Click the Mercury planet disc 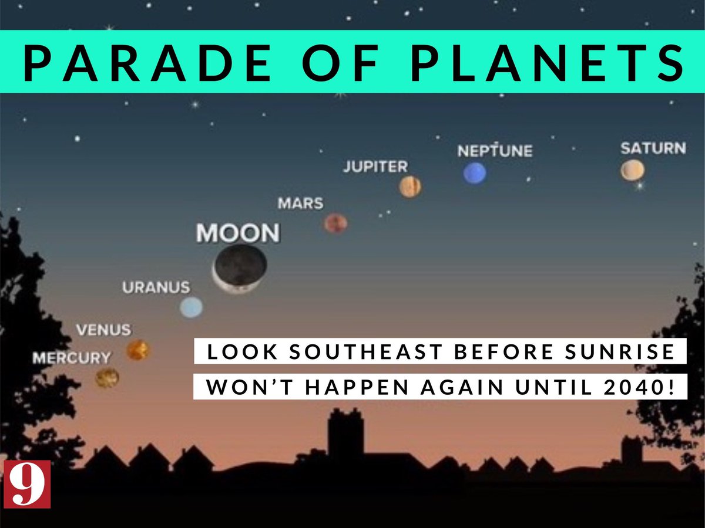tap(107, 377)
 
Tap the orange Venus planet tap(138, 350)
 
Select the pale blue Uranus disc tap(191, 307)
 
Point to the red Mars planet tap(335, 223)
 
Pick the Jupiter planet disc tap(410, 187)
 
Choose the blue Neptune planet tap(475, 173)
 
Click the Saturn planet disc tap(632, 170)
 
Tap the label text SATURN tap(653, 148)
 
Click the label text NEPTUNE tap(495, 151)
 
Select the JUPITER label tap(375, 167)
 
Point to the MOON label tap(237, 233)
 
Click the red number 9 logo tap(27, 484)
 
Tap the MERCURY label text tap(71, 357)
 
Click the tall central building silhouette tap(345, 434)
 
